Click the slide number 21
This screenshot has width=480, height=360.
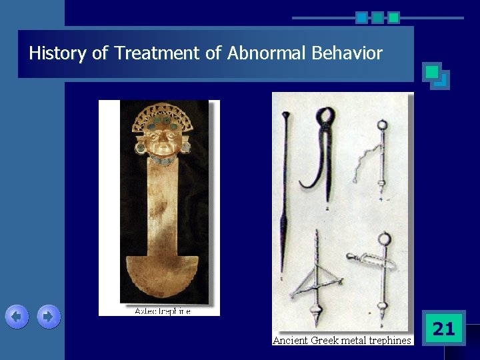(443, 328)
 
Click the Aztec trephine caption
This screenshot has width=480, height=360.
(163, 311)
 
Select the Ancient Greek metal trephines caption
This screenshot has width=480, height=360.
(342, 341)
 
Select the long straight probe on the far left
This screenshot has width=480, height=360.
(285, 193)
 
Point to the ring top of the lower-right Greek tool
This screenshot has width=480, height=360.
(383, 239)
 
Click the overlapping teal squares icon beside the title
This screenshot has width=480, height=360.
(436, 75)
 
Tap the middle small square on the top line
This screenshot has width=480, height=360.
(377, 17)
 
